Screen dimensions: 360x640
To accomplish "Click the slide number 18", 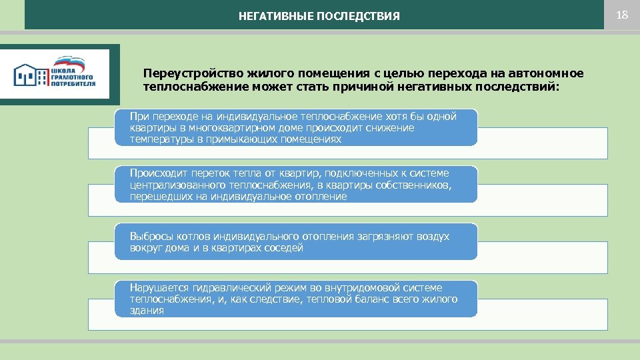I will tap(622, 15).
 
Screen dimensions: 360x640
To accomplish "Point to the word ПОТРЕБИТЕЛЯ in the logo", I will tap(73, 84).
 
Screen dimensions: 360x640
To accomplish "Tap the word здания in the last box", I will tap(147, 311).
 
